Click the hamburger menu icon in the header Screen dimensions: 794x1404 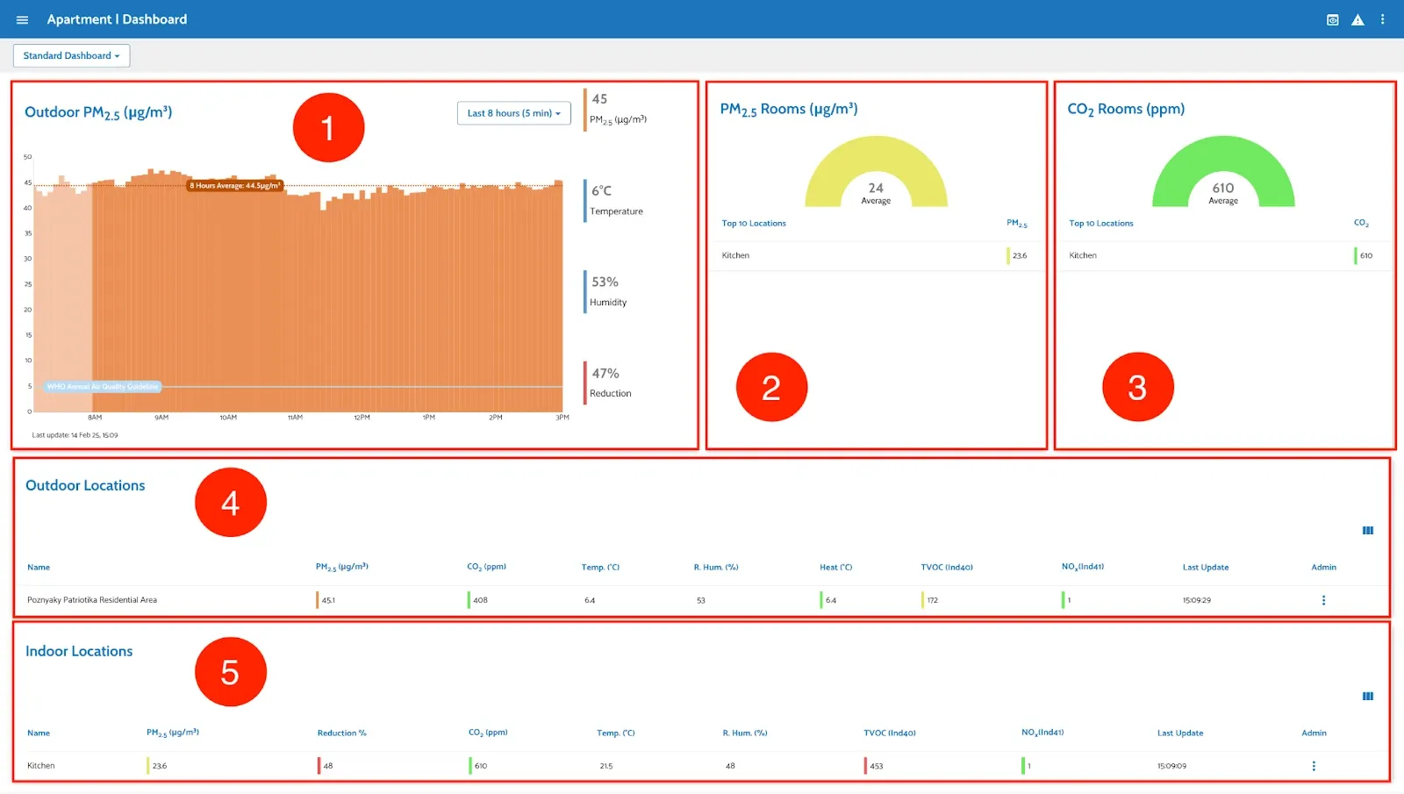(x=22, y=19)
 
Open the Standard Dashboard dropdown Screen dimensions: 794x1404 (x=71, y=55)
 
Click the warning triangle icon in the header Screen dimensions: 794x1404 (x=1357, y=19)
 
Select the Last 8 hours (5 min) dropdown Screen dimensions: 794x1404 (x=513, y=113)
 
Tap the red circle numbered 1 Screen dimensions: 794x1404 (x=328, y=128)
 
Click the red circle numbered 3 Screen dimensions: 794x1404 (x=1137, y=387)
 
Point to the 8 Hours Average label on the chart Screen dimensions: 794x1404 (x=235, y=185)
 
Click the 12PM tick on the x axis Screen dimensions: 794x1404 (x=362, y=418)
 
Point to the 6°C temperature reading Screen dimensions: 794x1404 (x=602, y=191)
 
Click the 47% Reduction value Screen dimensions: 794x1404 (x=605, y=374)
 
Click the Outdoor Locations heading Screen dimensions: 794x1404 (x=85, y=485)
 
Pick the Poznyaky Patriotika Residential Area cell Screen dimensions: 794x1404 (x=92, y=600)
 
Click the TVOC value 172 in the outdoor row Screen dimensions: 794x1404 (x=932, y=600)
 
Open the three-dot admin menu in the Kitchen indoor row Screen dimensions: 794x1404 (x=1314, y=766)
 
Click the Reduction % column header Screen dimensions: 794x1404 (x=341, y=733)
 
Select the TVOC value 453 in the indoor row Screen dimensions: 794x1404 (x=876, y=766)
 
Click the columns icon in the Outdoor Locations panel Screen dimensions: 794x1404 (x=1367, y=531)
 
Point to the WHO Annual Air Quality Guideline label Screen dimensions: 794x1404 (x=103, y=386)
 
